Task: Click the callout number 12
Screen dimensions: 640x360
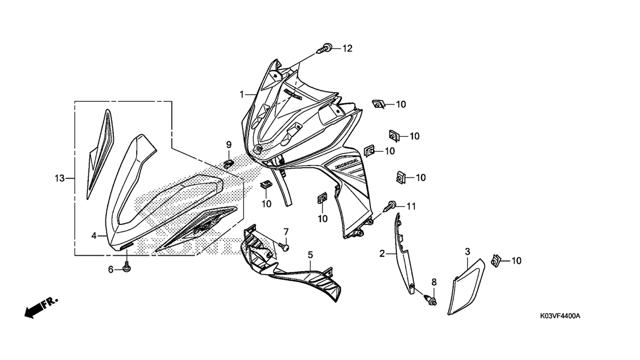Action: point(347,49)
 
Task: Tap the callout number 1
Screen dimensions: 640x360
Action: point(242,94)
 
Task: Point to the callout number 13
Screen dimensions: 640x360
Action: point(60,179)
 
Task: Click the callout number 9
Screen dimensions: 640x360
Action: point(229,145)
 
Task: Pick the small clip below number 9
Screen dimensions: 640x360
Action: point(228,164)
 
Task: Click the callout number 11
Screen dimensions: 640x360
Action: point(411,206)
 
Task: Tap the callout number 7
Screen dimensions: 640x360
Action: point(286,231)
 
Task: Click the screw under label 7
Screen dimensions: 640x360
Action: point(284,246)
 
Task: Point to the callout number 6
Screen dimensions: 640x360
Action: point(111,270)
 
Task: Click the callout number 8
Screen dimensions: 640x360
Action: point(434,282)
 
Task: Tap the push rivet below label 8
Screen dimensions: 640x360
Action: point(432,300)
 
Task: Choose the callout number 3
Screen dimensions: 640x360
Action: point(468,252)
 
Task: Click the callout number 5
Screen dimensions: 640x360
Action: point(310,255)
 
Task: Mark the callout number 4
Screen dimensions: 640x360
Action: point(94,236)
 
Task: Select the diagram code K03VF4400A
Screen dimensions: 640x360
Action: point(560,316)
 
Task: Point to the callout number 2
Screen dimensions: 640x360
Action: point(382,253)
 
